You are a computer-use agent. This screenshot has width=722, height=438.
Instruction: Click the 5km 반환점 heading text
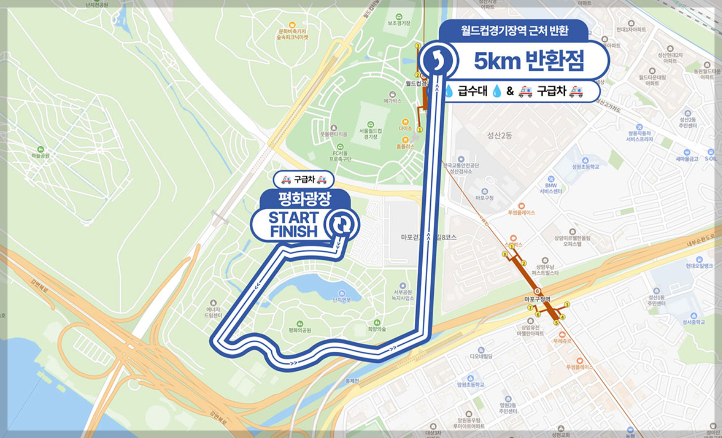(529, 61)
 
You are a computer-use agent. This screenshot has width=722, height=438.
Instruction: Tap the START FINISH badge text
(293, 224)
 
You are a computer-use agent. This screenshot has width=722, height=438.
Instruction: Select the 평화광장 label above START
(304, 199)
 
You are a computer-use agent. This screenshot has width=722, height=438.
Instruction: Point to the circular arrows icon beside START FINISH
(342, 224)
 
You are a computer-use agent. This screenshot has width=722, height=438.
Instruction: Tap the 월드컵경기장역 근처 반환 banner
(514, 30)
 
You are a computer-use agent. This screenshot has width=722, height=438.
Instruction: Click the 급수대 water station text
(472, 91)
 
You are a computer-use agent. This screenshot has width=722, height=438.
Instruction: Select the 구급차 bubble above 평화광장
(303, 179)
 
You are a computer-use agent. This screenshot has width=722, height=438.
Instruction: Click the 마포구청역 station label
(537, 299)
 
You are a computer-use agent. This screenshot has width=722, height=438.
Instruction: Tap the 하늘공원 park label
(40, 155)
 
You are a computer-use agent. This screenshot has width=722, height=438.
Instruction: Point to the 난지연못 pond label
(342, 299)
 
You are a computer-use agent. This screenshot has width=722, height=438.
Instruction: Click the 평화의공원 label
(300, 330)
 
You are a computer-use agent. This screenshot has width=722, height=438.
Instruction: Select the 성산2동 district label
(500, 135)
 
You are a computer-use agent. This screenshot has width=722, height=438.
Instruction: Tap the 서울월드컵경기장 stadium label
(370, 133)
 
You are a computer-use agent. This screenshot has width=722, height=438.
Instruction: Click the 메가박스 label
(392, 101)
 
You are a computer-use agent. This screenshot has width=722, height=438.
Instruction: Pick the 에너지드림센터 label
(213, 312)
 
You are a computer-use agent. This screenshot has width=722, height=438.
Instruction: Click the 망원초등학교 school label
(470, 384)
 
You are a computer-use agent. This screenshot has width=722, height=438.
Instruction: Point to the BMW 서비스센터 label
(551, 188)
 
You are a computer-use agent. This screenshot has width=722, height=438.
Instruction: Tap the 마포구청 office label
(484, 197)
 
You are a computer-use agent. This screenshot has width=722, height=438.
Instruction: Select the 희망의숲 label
(377, 329)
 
